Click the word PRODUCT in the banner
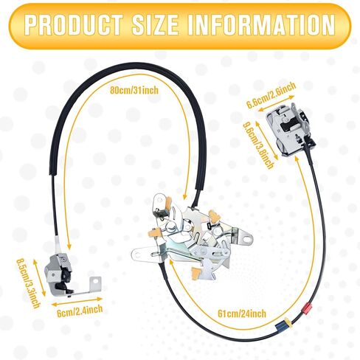pos(74,24)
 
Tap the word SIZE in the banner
pos(155,24)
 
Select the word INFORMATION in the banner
pos(261,24)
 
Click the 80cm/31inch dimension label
pos(134,90)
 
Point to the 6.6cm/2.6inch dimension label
pos(271,95)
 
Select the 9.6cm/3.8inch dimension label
pos(258,145)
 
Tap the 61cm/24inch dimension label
pos(242,314)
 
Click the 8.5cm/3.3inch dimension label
pos(27,283)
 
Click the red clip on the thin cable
pos(306,308)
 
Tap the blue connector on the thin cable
pos(281,326)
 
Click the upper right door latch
pos(290,129)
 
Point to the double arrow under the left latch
pos(77,302)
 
